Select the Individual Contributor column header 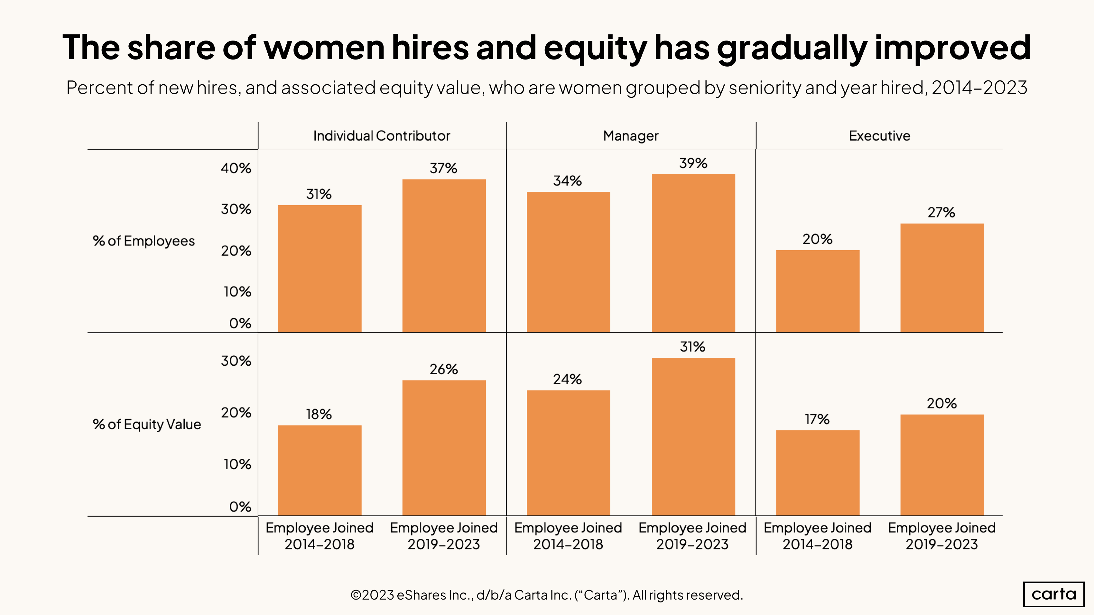(x=381, y=136)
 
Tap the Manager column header (x=630, y=136)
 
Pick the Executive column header (x=879, y=136)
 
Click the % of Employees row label (x=144, y=241)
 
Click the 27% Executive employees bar (x=941, y=278)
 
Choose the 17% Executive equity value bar (x=818, y=473)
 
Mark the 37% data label (x=443, y=169)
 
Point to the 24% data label (x=567, y=379)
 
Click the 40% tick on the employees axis (x=236, y=169)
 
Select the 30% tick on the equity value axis (x=236, y=361)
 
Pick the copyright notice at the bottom (x=547, y=595)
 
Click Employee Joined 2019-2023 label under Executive (x=941, y=536)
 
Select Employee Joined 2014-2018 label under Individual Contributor (x=320, y=536)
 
